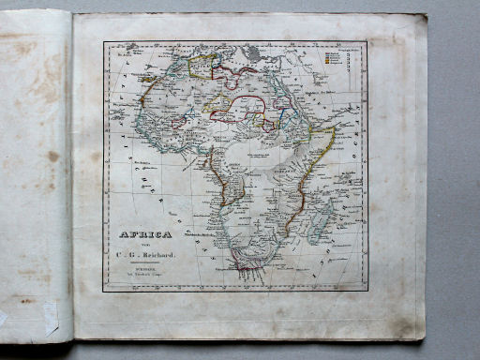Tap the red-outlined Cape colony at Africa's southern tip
coord(247,262)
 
